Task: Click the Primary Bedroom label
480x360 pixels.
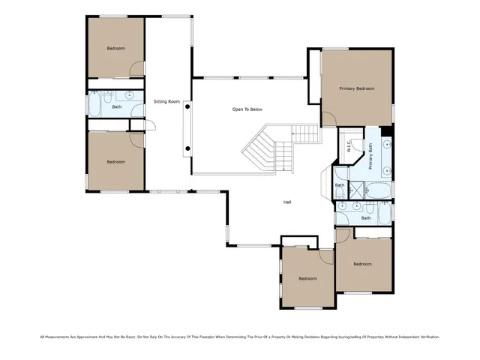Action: pos(356,88)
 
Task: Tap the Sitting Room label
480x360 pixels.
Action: pos(166,100)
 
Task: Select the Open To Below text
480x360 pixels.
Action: pos(247,109)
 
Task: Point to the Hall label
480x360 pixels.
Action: pos(287,202)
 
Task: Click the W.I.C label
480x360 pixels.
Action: pos(349,146)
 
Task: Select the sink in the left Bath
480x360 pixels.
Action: pos(130,96)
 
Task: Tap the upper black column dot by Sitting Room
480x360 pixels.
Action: pos(187,107)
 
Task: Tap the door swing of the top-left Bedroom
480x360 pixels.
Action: pos(136,68)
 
